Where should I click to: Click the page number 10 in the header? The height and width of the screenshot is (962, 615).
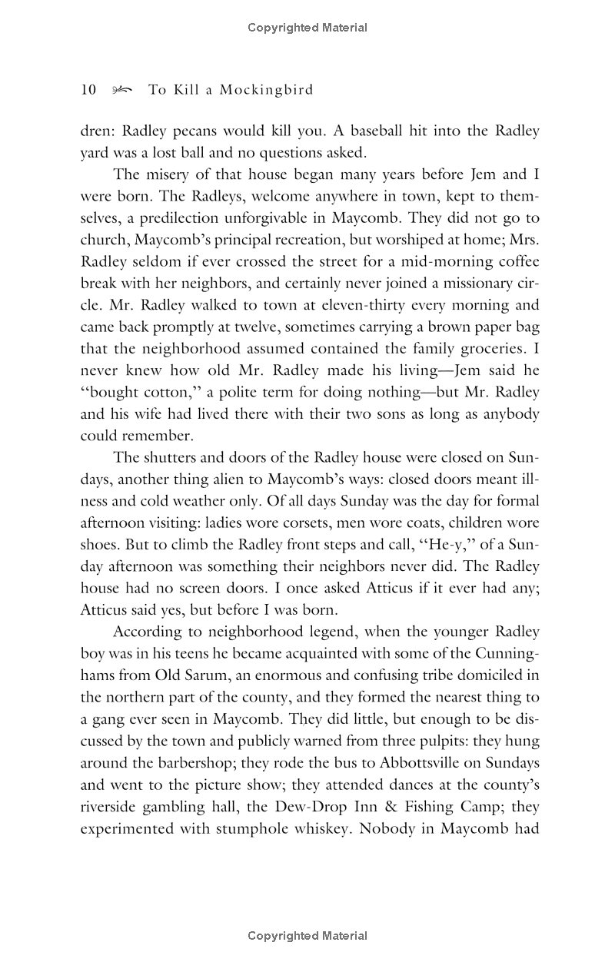pos(88,90)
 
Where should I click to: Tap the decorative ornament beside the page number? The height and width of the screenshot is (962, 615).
pos(121,91)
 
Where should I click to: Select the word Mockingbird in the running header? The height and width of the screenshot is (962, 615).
pos(267,91)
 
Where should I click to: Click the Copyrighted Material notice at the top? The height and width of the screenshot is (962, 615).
pos(307,28)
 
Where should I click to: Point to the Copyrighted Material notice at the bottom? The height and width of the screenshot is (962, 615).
pos(307,936)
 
